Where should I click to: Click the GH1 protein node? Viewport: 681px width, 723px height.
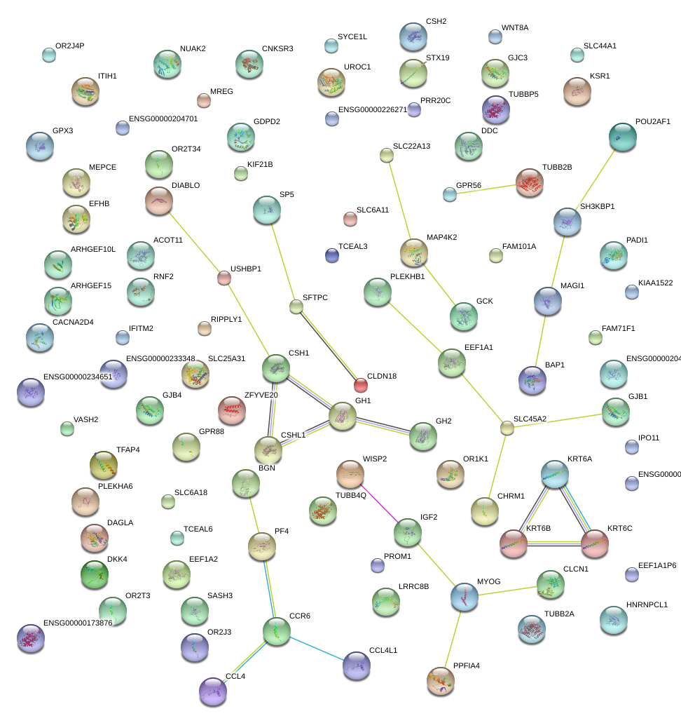343,416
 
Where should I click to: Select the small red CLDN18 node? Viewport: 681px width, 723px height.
361,384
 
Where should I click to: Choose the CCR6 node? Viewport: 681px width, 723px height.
277,631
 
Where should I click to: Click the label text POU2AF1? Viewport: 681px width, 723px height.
652,121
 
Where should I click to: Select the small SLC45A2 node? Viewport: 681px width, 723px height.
507,427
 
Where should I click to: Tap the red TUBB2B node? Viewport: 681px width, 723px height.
529,182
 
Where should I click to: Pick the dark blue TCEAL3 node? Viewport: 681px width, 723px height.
332,256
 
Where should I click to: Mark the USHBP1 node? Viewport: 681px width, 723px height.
224,278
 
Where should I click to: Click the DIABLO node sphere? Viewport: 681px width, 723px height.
159,201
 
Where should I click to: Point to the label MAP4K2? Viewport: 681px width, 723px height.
441,238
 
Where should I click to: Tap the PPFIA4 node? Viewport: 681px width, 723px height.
441,679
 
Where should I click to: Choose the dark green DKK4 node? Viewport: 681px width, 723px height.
95,574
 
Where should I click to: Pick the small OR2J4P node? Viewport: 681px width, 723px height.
48,55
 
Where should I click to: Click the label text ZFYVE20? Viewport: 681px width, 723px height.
261,395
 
